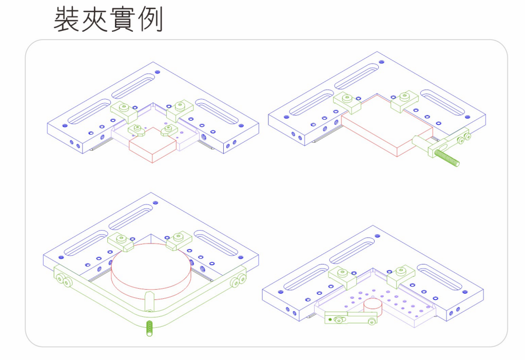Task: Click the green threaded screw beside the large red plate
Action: [448, 159]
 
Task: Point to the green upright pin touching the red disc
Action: [148, 301]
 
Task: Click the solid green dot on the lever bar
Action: [330, 319]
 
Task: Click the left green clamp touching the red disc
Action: [121, 240]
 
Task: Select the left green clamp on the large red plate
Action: [347, 101]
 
